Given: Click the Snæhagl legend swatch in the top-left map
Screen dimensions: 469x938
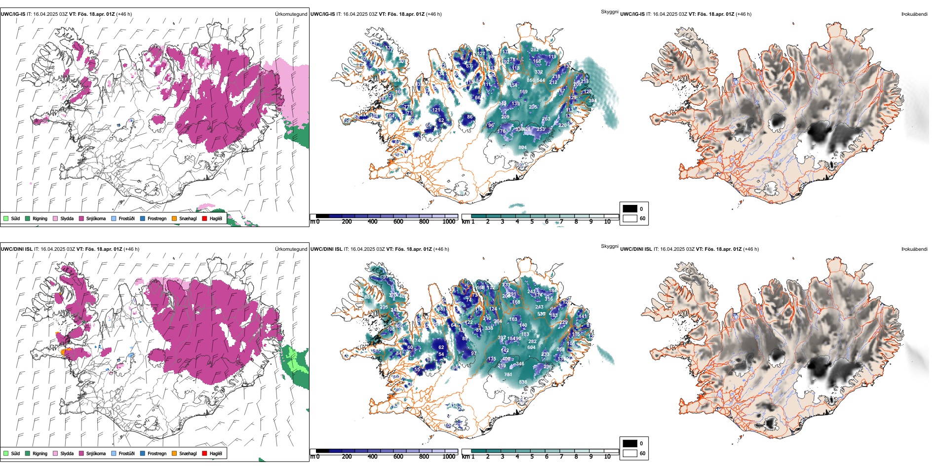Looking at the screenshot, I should click(x=174, y=219).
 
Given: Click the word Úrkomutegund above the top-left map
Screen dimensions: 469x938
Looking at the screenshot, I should click(x=291, y=14).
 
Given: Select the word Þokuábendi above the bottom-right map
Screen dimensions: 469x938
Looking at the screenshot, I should click(x=914, y=249).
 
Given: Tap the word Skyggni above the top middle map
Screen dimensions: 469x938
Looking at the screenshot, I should click(x=609, y=12).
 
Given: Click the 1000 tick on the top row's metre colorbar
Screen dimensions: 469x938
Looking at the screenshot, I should click(x=449, y=222).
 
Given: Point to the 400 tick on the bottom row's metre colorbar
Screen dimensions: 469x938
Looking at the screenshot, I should click(x=372, y=457).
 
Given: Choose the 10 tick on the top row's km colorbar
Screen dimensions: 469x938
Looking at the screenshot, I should click(x=607, y=222).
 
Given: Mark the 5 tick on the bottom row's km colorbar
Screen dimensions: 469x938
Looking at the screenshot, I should click(x=532, y=457).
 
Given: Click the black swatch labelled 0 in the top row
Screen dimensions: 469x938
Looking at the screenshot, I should click(x=630, y=209).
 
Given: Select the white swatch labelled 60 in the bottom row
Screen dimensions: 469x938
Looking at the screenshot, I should click(x=630, y=453).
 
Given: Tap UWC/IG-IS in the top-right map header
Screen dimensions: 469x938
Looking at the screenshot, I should click(x=632, y=14).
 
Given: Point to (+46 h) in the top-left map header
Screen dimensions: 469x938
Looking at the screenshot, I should click(x=124, y=14).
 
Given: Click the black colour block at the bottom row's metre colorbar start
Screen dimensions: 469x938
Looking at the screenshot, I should click(x=322, y=451).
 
